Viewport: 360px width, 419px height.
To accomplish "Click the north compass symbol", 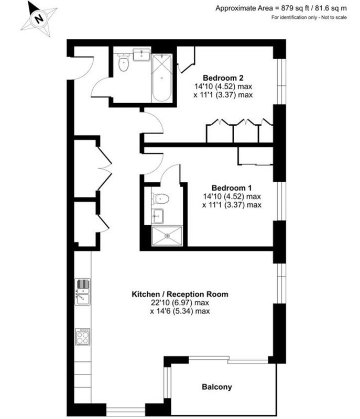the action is pyautogui.click(x=39, y=19).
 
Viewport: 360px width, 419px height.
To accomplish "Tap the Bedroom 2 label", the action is pyautogui.click(x=223, y=78).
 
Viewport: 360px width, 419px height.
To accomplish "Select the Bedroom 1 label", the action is pyautogui.click(x=232, y=188).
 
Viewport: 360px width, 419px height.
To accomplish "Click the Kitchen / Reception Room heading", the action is pyautogui.click(x=180, y=294).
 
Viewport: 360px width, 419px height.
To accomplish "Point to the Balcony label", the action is pyautogui.click(x=217, y=387).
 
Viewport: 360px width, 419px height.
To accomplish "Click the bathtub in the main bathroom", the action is pyautogui.click(x=161, y=78).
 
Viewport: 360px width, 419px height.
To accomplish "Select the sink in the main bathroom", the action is pyautogui.click(x=141, y=55).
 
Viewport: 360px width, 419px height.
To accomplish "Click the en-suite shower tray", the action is pyautogui.click(x=167, y=236).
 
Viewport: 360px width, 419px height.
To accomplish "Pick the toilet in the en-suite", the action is pyautogui.click(x=160, y=199).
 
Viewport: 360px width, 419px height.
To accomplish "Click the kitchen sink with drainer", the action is pyautogui.click(x=83, y=292).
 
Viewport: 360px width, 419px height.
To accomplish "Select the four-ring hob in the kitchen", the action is pyautogui.click(x=83, y=337).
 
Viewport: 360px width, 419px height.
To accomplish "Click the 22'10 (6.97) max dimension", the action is pyautogui.click(x=180, y=303).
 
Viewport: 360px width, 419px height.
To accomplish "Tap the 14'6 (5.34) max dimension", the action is pyautogui.click(x=180, y=311).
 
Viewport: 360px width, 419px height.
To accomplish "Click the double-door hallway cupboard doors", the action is pyautogui.click(x=104, y=168).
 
